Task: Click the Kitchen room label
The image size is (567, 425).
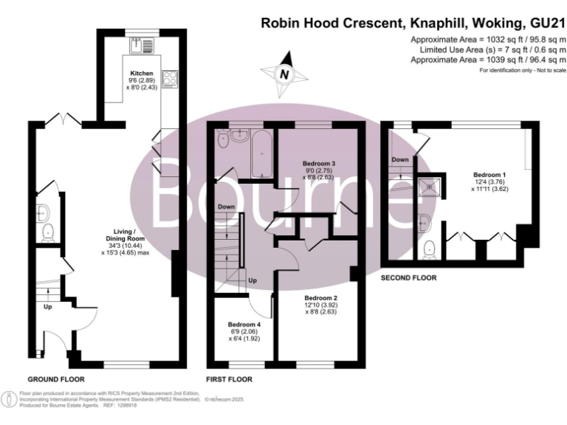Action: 142,74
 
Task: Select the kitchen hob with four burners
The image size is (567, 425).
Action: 168,77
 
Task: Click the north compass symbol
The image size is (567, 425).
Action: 283,74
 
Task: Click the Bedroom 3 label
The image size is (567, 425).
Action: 319,162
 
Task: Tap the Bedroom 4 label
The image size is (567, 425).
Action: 244,325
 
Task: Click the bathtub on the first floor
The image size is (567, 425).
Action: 261,153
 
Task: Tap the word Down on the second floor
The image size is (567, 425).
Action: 400,159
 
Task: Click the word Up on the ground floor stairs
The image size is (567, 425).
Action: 49,305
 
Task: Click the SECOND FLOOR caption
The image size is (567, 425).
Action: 408,278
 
